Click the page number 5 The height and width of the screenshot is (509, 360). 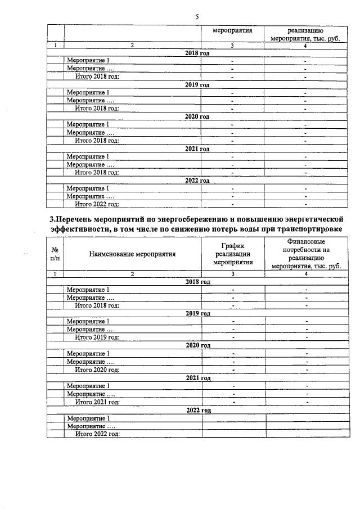coord(197,17)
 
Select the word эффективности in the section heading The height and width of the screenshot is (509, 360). coord(79,228)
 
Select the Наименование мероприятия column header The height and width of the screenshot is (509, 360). coord(132,254)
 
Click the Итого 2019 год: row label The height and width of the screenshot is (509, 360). coord(98,337)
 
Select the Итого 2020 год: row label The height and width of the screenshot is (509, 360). coord(98,370)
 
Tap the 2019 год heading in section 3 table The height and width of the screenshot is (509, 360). coord(197,313)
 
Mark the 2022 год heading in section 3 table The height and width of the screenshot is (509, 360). coord(197,410)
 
